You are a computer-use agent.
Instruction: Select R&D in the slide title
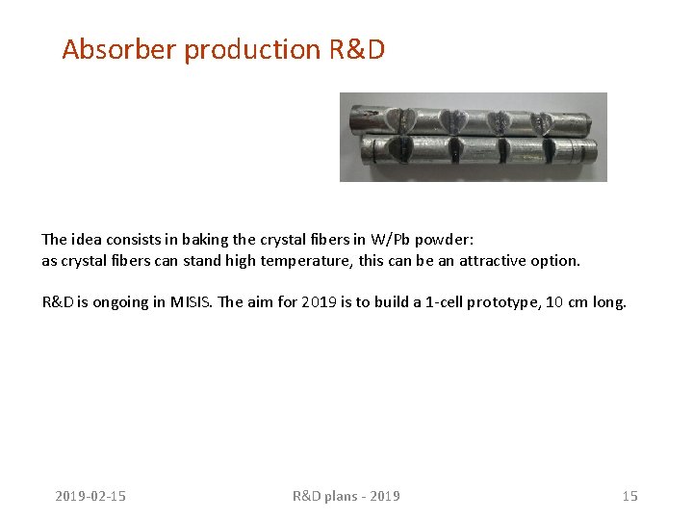[x=356, y=49]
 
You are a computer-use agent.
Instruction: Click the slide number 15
[x=629, y=496]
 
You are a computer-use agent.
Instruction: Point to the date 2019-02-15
[x=90, y=496]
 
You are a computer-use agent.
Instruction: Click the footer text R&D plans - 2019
[x=346, y=496]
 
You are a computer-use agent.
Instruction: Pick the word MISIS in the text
[x=192, y=302]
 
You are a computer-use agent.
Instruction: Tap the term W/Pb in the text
[x=393, y=239]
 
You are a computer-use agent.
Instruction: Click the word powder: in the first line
[x=444, y=239]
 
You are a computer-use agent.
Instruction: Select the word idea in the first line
[x=83, y=239]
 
